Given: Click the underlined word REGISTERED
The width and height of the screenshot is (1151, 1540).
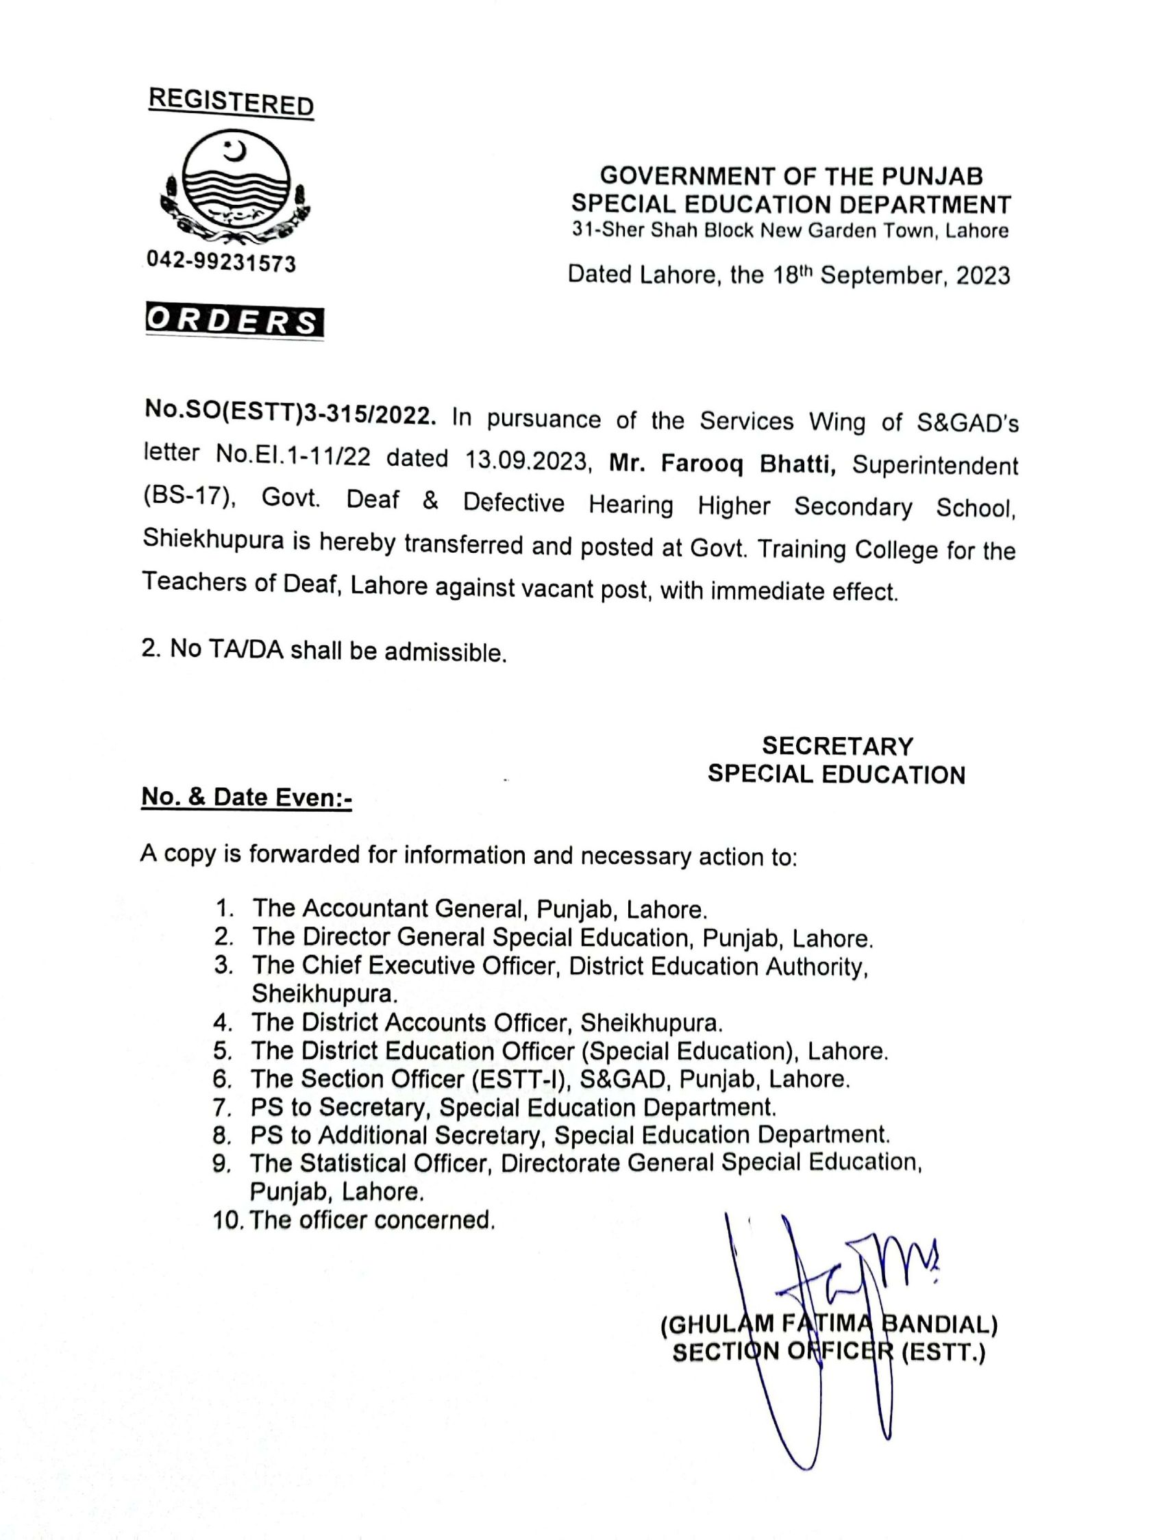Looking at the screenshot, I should coord(231,102).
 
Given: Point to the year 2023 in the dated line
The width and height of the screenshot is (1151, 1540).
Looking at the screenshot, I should coord(982,276).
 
